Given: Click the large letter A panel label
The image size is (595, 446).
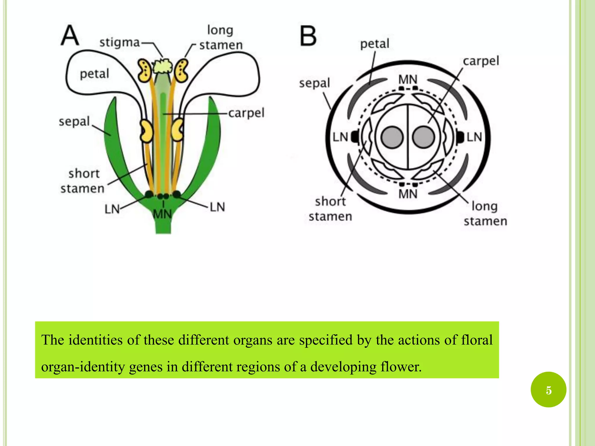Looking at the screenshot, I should tap(70, 35).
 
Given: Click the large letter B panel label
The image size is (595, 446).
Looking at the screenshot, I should tap(308, 36).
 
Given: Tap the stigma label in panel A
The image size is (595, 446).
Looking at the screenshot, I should tap(120, 43).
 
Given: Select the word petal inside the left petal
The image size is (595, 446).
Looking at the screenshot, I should tap(94, 74).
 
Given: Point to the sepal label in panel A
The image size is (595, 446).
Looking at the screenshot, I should tap(74, 121).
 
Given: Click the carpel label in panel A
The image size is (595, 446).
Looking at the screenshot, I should tap(246, 113).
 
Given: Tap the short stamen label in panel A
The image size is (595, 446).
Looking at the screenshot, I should tap(83, 181).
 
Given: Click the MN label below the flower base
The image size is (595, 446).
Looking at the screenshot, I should tap(162, 214).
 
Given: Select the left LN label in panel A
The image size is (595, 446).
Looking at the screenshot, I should tap(112, 209).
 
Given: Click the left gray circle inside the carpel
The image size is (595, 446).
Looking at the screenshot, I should tap(392, 137).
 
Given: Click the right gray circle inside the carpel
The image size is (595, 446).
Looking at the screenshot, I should tap(423, 137).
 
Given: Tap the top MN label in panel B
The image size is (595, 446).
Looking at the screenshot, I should tap(408, 79).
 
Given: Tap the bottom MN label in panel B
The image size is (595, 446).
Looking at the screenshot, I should tap(408, 194).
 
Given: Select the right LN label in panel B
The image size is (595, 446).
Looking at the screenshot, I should tap(474, 137).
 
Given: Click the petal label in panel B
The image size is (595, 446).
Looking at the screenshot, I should tap(374, 44).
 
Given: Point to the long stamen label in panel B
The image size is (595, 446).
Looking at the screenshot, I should tap(485, 213).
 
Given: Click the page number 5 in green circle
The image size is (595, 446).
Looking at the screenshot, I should tap(548, 390).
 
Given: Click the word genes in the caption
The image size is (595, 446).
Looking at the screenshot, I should tap(146, 367).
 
